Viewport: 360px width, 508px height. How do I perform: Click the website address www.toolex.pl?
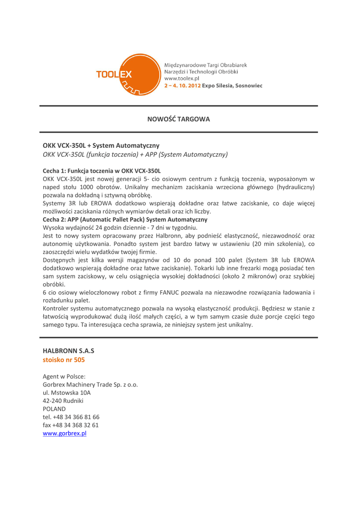click(x=182, y=78)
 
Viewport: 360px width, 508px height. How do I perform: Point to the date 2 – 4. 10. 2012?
click(x=182, y=85)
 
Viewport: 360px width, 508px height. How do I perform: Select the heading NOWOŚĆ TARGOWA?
click(x=179, y=119)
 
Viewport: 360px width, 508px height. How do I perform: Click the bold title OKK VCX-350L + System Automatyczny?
click(x=101, y=145)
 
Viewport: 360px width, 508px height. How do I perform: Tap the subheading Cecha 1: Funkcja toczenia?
click(x=102, y=170)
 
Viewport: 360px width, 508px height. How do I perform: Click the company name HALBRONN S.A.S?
click(x=68, y=351)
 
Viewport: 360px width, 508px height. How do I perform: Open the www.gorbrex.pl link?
click(x=65, y=433)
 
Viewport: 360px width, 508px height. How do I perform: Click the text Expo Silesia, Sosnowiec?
click(x=232, y=85)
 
